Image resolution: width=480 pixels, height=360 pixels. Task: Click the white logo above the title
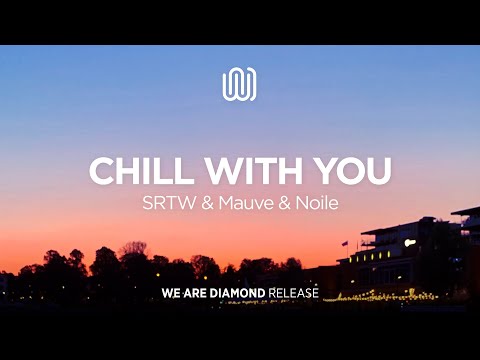[240, 84]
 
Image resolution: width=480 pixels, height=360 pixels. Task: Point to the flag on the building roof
[344, 243]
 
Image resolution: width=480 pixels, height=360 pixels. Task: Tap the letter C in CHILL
[102, 171]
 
